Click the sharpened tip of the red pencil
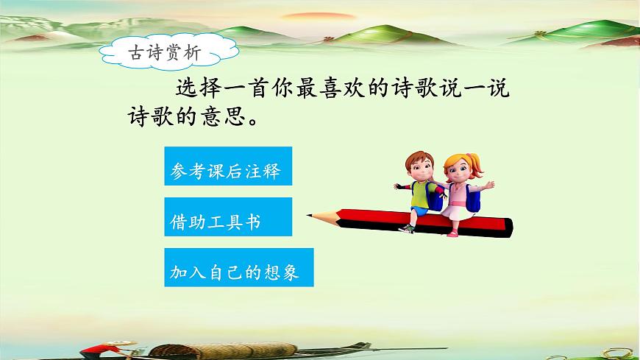[312, 216]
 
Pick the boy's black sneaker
[407, 228]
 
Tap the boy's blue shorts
[420, 211]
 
